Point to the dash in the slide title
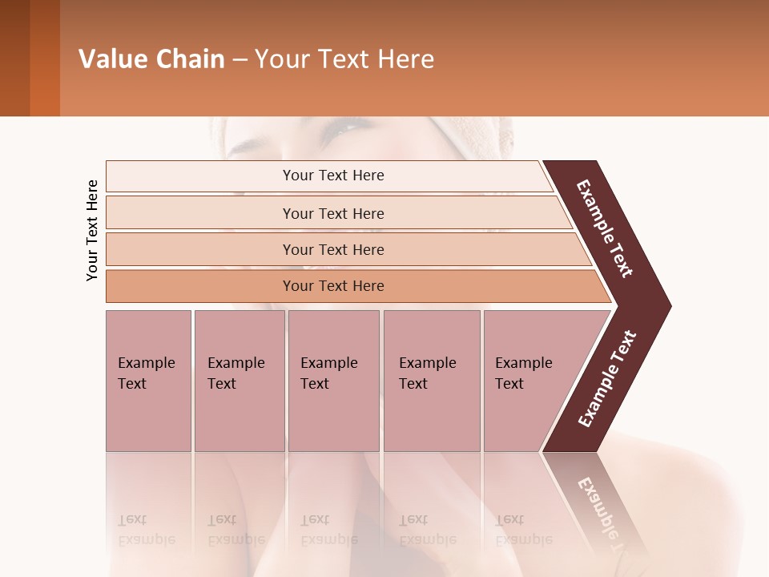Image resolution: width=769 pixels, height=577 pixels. (240, 60)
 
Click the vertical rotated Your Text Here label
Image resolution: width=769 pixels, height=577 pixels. (92, 230)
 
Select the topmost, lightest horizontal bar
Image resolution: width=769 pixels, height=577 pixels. (332, 176)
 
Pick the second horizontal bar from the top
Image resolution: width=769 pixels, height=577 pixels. (332, 213)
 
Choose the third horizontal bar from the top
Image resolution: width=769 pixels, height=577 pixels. (332, 249)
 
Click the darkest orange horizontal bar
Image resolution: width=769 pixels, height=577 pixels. (332, 286)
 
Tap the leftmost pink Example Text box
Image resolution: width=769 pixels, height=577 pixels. (148, 381)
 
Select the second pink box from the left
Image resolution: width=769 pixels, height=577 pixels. (239, 381)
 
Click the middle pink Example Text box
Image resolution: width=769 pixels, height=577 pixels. (333, 381)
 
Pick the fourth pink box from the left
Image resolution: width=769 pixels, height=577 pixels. (431, 381)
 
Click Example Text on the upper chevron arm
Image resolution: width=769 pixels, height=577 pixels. (605, 228)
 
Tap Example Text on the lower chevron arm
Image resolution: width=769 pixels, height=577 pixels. (606, 379)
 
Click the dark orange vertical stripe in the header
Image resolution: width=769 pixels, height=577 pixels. (45, 59)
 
